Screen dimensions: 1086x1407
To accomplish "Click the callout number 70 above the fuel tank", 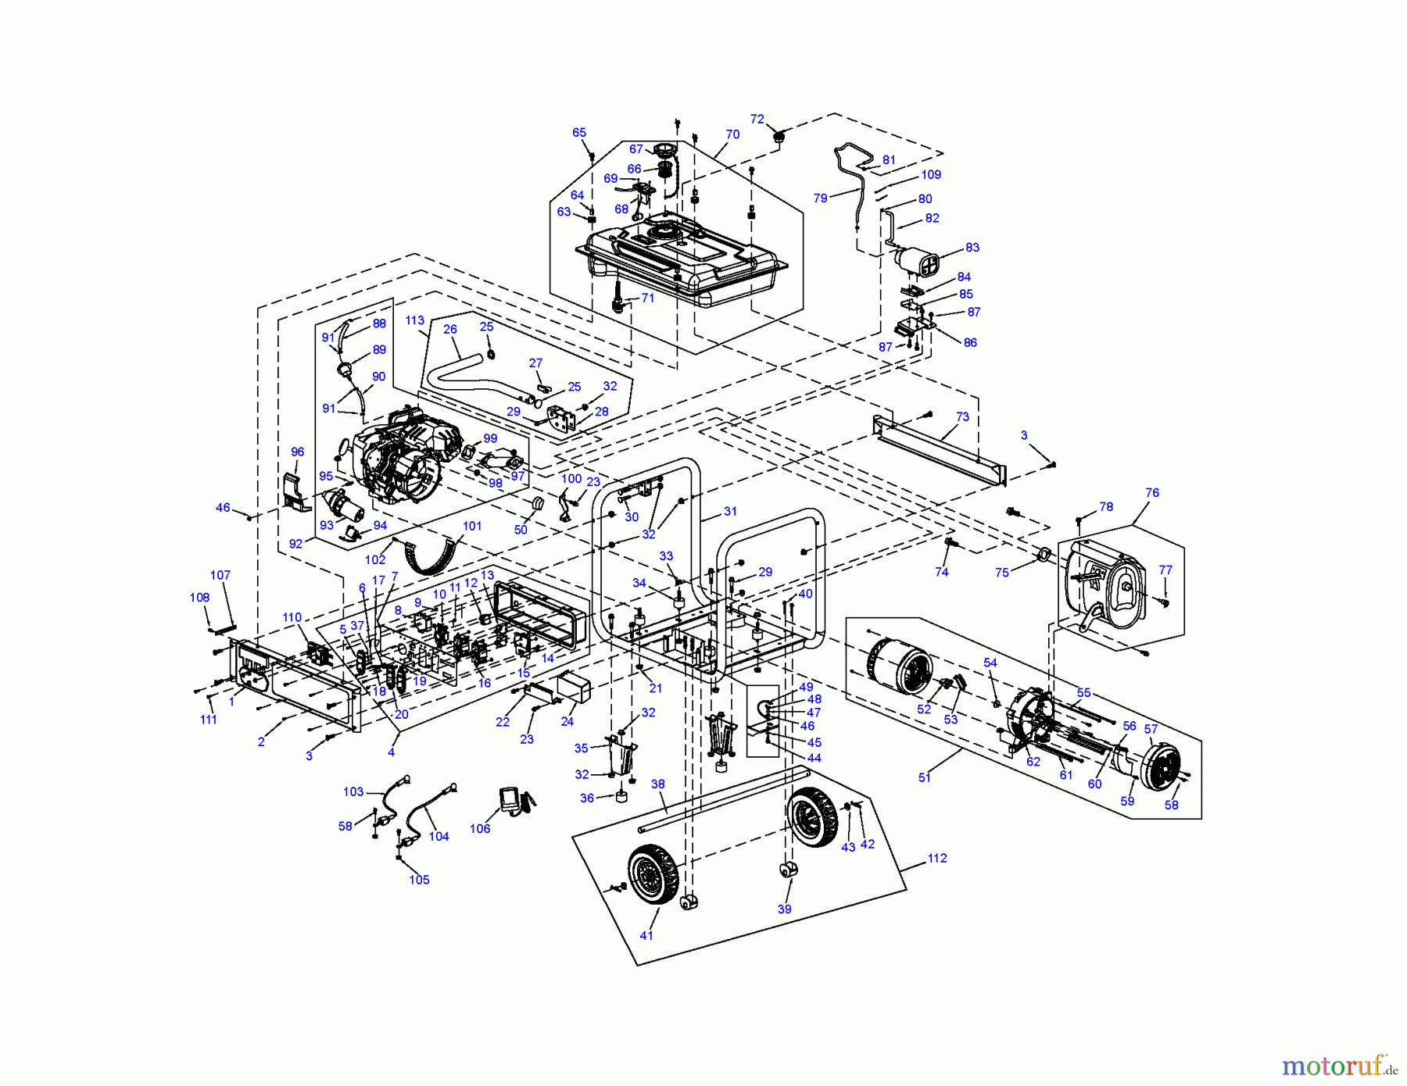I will point(732,134).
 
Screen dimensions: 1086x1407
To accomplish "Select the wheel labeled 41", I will point(653,874).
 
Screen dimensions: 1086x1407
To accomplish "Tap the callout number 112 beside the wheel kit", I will point(937,858).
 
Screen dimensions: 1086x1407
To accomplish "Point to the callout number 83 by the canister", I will point(972,247).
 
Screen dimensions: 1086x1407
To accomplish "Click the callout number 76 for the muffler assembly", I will point(1152,492).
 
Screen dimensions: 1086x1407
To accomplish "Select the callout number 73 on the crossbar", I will point(962,416).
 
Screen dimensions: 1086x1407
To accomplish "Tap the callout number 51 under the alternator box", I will point(925,777).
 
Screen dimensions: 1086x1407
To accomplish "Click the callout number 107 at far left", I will point(220,575).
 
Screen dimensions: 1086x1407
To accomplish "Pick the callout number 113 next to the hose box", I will point(414,320).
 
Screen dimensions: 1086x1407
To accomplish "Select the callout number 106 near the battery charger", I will point(480,828).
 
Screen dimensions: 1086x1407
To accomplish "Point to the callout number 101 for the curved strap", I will point(472,526).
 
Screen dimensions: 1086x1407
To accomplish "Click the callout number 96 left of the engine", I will point(297,452).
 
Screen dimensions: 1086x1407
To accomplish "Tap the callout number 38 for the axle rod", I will point(657,784).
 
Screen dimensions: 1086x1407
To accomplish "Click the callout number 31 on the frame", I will point(730,511).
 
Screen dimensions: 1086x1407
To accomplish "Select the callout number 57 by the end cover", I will point(1151,729).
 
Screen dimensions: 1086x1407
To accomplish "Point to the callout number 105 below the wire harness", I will point(419,880).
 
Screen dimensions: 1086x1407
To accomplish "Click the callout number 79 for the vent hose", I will point(820,198).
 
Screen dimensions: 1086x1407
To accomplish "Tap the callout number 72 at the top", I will point(757,119).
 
